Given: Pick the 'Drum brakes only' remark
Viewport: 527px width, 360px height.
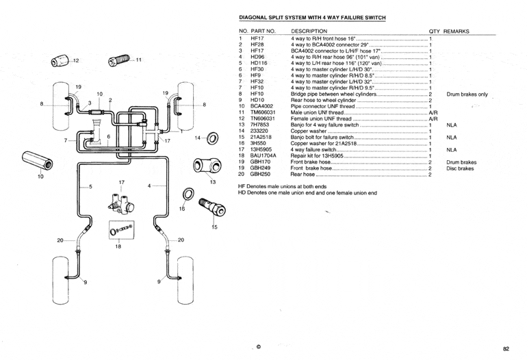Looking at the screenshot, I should (467, 94).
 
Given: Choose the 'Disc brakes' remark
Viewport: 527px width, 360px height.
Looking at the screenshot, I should (460, 168).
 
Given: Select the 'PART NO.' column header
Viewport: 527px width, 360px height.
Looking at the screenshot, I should (263, 31).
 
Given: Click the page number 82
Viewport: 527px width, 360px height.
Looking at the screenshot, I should (506, 349).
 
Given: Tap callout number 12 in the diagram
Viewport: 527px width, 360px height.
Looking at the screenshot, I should (77, 60).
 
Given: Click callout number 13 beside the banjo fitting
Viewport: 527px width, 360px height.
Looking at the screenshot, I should (212, 181).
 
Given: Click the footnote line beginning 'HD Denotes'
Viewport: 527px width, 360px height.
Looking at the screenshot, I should (307, 192).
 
